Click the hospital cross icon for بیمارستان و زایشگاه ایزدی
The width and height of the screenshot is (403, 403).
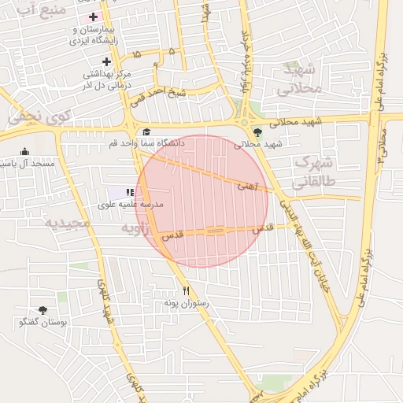click(x=94, y=17)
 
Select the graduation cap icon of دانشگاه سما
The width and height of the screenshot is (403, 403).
click(x=146, y=131)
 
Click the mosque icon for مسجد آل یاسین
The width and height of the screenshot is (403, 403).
click(x=25, y=151)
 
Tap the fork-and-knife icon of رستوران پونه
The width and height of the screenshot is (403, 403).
click(x=187, y=290)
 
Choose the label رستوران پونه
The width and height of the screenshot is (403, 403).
click(x=186, y=303)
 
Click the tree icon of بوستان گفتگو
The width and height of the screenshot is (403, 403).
click(x=43, y=310)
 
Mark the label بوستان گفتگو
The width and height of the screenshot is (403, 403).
click(x=43, y=323)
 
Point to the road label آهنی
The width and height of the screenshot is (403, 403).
click(x=247, y=187)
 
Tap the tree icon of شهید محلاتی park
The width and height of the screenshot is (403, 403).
click(x=257, y=131)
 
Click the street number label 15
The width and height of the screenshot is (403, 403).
click(x=138, y=54)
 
